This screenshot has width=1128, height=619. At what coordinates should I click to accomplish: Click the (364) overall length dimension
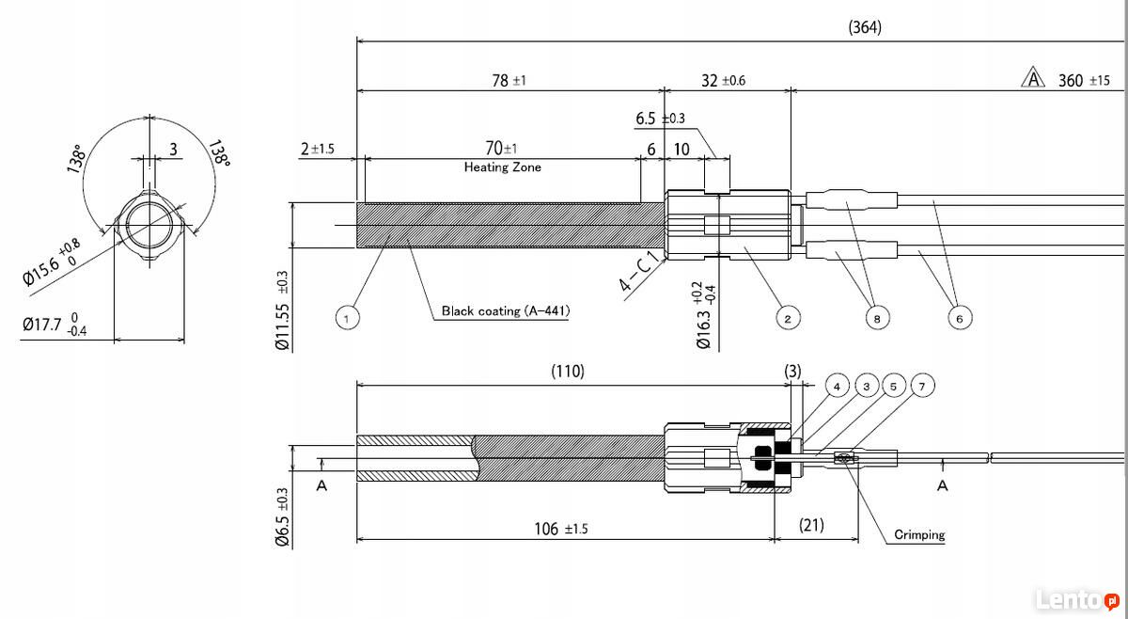tap(865, 27)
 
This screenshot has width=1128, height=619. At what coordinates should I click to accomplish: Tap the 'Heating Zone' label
tap(503, 167)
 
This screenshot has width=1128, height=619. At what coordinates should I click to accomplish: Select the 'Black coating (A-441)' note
tap(506, 310)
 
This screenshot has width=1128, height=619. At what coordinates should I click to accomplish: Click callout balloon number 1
tap(347, 318)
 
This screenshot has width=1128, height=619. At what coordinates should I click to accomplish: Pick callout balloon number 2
tap(788, 318)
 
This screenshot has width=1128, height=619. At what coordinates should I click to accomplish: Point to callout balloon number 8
tap(877, 318)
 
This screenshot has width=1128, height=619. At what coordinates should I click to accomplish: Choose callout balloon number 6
tap(960, 318)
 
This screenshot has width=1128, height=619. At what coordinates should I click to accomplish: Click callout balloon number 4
tap(837, 386)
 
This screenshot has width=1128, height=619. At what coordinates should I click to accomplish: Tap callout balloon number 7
tap(922, 386)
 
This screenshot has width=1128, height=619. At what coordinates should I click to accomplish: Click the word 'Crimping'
tap(919, 534)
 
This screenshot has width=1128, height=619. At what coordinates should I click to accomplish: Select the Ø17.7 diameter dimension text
tap(55, 325)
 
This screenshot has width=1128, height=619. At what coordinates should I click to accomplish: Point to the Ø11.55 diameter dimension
tap(283, 311)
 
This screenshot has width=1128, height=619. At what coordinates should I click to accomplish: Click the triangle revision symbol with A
tap(1033, 78)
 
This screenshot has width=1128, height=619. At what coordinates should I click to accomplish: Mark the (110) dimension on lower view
tap(568, 372)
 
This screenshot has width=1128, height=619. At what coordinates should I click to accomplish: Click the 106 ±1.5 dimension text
tap(561, 529)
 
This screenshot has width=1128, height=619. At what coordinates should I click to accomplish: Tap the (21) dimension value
tap(811, 525)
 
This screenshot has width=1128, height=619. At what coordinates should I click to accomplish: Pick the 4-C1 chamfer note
tap(639, 272)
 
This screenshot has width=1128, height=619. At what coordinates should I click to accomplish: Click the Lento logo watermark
tap(1077, 600)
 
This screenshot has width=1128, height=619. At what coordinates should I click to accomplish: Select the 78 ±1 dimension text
tap(509, 81)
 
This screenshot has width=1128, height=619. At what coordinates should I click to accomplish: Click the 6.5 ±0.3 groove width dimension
tap(660, 119)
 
